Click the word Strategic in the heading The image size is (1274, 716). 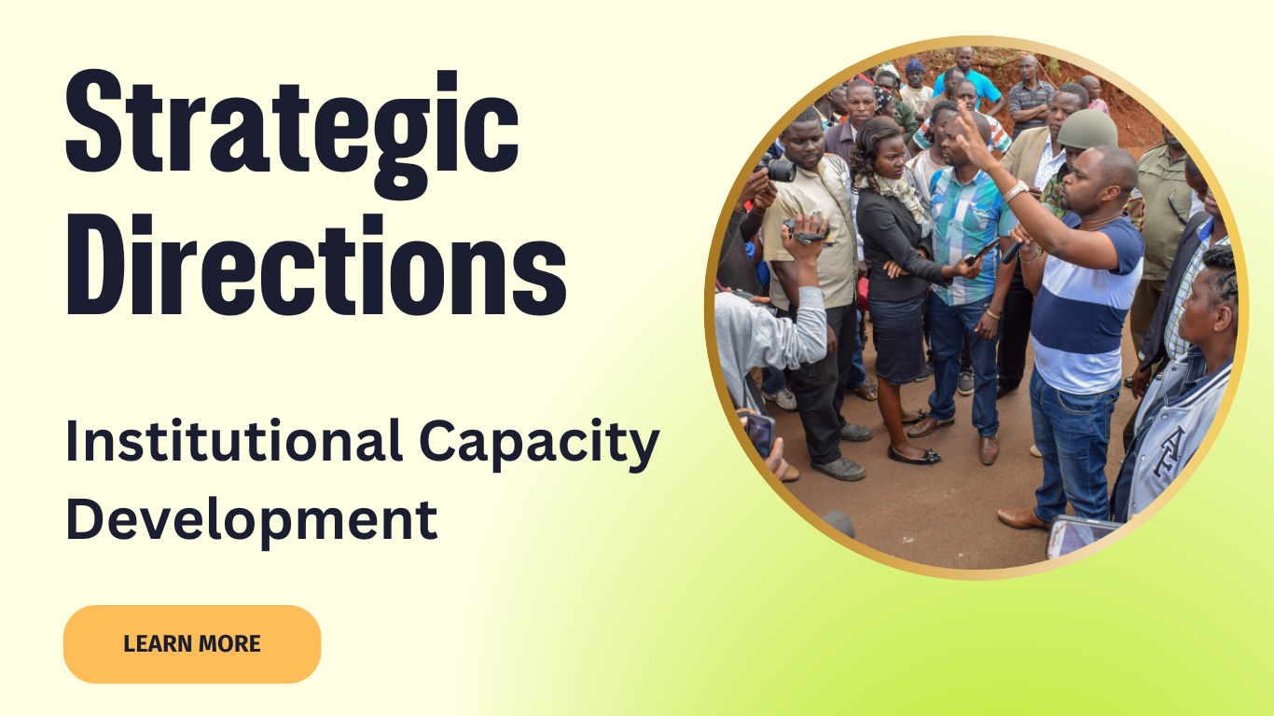pyautogui.click(x=292, y=132)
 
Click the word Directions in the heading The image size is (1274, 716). pyautogui.click(x=316, y=265)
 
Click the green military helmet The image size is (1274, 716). pyautogui.click(x=1087, y=129)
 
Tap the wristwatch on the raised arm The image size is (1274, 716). pyautogui.click(x=1016, y=190)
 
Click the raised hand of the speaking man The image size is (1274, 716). pyautogui.click(x=975, y=136)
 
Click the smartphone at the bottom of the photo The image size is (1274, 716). pyautogui.click(x=1081, y=535)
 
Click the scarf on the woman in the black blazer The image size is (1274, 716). pyautogui.click(x=895, y=192)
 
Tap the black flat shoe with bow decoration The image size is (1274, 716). pyautogui.click(x=913, y=455)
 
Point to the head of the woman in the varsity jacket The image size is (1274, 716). pyautogui.click(x=1209, y=296)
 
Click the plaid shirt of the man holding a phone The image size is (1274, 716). pyautogui.click(x=967, y=234)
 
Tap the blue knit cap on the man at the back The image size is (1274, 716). pyautogui.click(x=915, y=66)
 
